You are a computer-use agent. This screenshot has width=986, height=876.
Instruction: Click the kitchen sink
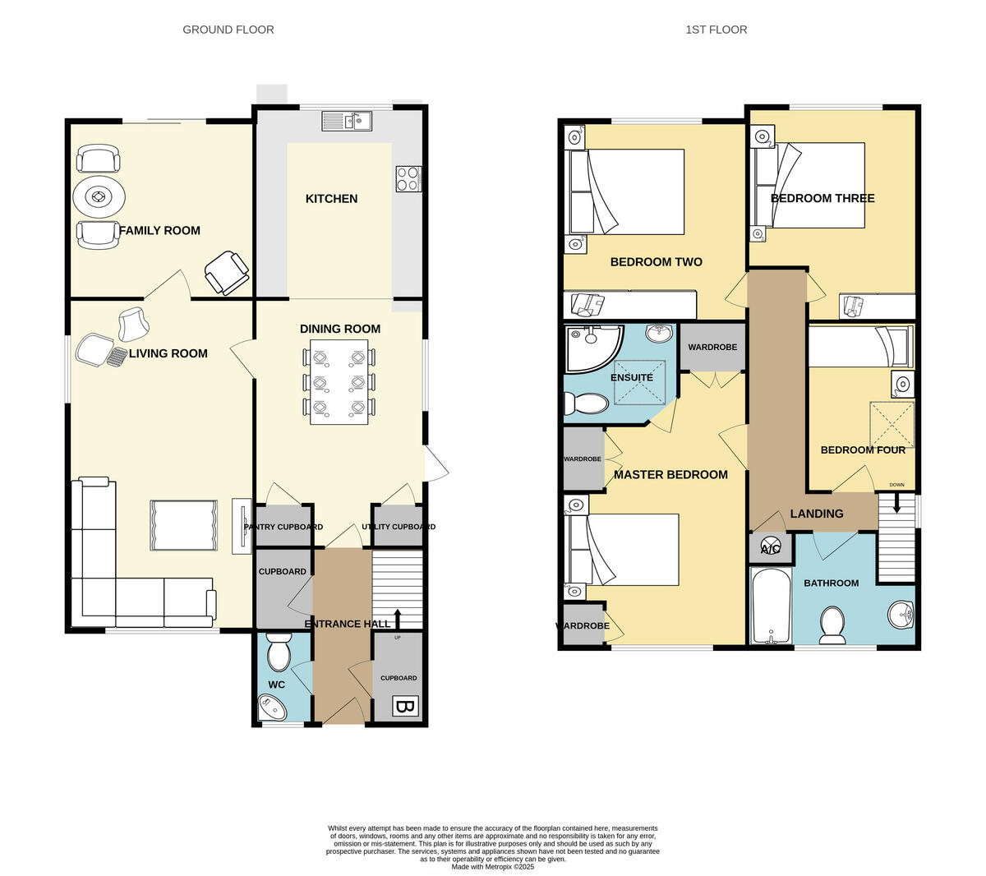(x=347, y=122)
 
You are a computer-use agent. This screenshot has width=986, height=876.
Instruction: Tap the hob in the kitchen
(x=408, y=178)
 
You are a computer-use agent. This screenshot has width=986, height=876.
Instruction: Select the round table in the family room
(x=99, y=196)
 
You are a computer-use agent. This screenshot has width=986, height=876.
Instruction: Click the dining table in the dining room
(x=339, y=382)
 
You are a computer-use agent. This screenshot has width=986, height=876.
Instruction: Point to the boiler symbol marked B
(x=404, y=706)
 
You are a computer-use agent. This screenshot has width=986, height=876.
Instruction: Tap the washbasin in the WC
(x=271, y=707)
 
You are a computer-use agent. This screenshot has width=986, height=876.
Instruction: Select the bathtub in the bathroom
(x=771, y=606)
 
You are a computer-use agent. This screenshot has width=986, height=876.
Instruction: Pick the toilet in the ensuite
(x=584, y=403)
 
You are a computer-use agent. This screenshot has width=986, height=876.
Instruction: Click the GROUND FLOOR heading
(x=228, y=30)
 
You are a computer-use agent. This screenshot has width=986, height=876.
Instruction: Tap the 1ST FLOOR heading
(x=716, y=30)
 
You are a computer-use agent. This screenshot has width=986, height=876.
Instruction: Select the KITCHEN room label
(x=331, y=198)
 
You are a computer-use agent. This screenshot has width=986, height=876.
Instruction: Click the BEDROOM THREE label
(x=822, y=198)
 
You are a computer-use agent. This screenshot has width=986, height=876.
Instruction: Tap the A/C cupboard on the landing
(x=771, y=548)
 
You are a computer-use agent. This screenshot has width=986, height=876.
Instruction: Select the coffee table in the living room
(x=184, y=525)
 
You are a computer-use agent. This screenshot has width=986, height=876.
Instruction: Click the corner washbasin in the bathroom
(x=901, y=614)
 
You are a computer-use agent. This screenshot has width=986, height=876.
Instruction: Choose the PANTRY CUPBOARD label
(x=283, y=527)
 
